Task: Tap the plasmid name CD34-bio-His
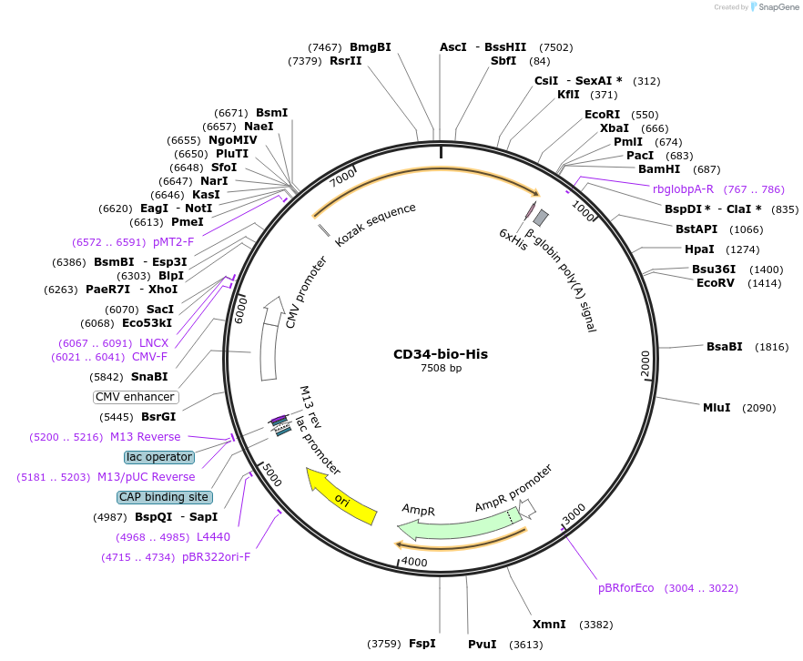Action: (x=441, y=354)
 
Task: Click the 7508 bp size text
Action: (x=441, y=369)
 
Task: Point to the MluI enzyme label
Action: (x=717, y=408)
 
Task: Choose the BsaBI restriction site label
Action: (x=725, y=347)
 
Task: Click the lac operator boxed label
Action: (x=159, y=457)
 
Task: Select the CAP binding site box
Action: (x=165, y=497)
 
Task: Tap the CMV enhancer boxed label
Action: (x=135, y=397)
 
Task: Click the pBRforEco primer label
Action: (x=625, y=588)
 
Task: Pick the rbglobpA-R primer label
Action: (x=683, y=189)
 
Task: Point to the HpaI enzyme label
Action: (x=699, y=249)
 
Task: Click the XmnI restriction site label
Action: (x=549, y=625)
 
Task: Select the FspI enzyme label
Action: (x=422, y=644)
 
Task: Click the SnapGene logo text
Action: (x=778, y=7)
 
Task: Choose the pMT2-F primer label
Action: (x=173, y=242)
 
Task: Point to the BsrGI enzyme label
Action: (x=158, y=417)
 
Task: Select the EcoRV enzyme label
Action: (x=715, y=283)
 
